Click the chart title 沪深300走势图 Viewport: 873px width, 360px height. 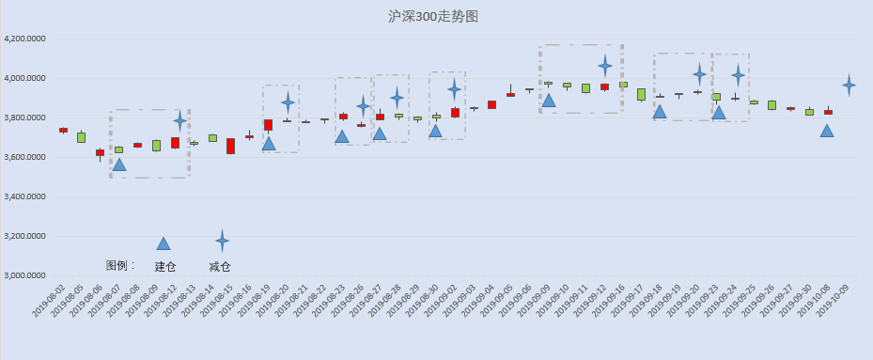433,17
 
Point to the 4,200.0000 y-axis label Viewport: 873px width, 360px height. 24,39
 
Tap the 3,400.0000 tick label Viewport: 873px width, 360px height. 24,196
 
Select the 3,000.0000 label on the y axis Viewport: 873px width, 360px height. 24,275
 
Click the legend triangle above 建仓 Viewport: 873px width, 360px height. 164,243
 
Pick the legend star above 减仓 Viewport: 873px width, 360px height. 222,241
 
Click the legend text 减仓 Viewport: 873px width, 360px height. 220,267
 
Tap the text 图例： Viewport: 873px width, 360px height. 121,265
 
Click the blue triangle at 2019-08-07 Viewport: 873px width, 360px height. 119,164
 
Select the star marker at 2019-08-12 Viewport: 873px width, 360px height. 179,119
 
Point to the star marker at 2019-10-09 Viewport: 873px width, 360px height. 850,86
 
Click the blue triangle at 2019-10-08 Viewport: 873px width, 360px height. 827,131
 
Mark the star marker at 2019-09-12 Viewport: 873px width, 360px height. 605,66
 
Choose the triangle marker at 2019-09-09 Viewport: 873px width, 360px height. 549,101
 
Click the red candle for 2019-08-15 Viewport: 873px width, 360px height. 230,146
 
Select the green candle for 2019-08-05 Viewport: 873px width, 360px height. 82,137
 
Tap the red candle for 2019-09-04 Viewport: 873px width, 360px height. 491,104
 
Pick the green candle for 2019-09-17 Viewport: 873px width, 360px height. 642,94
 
